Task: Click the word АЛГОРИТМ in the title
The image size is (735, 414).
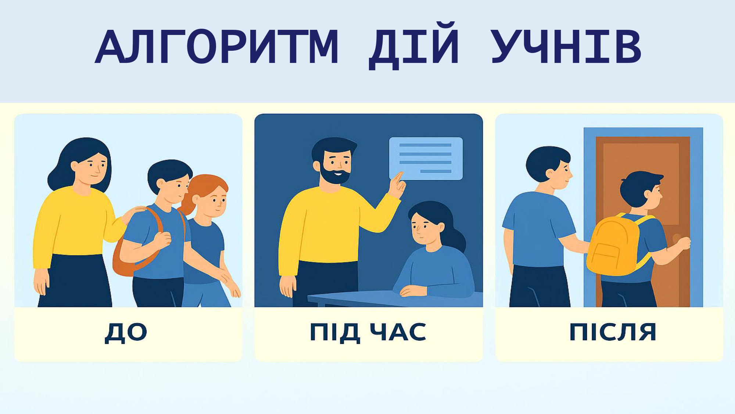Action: click(x=217, y=47)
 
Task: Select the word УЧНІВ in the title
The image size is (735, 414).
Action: click(x=566, y=47)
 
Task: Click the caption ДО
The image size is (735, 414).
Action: click(x=126, y=333)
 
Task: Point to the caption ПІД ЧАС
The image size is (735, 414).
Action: click(x=368, y=332)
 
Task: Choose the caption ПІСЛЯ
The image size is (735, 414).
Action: click(x=613, y=332)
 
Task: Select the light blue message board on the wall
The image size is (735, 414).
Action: click(x=426, y=158)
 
